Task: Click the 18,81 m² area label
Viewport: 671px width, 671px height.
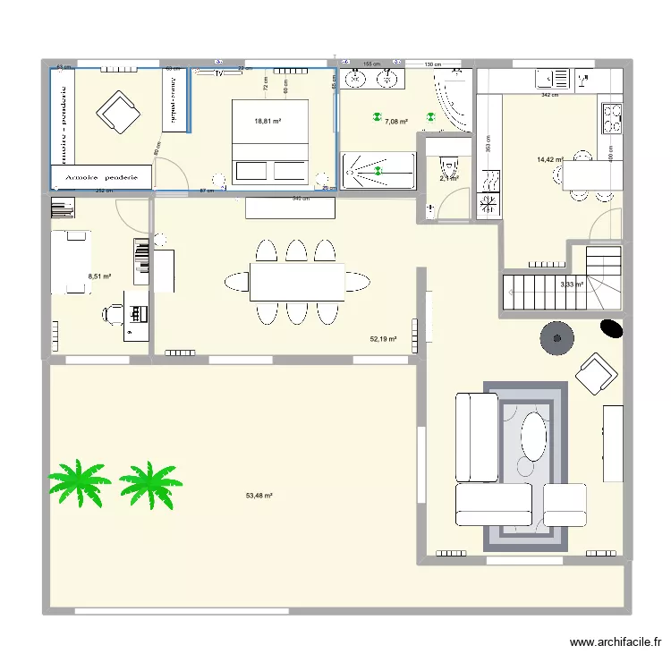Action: click(x=268, y=121)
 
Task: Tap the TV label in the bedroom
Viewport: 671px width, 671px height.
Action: click(x=217, y=74)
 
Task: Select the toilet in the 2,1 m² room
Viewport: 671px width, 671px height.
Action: click(x=448, y=166)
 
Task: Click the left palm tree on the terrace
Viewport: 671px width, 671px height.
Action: click(x=78, y=483)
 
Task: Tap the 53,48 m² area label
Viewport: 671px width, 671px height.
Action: click(x=259, y=496)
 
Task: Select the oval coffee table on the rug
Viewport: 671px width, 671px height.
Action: click(x=533, y=435)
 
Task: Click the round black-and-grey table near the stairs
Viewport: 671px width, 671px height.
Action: click(x=558, y=338)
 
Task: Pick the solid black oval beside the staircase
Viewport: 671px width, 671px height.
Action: click(x=611, y=328)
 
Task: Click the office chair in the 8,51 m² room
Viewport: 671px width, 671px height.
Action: click(x=115, y=313)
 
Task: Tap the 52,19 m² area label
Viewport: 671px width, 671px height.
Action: click(x=383, y=339)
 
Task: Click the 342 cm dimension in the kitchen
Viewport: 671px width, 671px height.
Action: click(x=550, y=95)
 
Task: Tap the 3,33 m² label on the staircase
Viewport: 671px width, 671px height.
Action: click(x=571, y=285)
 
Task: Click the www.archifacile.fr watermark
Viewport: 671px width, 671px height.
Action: click(x=616, y=642)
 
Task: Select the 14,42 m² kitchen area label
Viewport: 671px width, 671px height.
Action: click(x=549, y=160)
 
